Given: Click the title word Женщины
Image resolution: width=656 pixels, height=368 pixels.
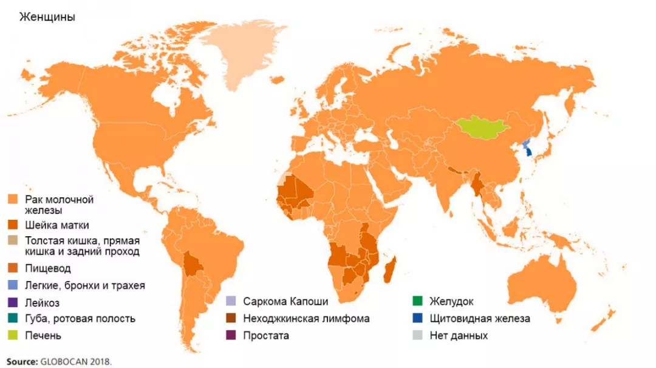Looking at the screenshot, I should (x=47, y=17).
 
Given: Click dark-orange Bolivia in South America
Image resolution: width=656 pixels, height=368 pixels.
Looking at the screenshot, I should (x=194, y=265).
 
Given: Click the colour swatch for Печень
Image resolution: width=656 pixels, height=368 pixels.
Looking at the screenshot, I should (x=12, y=335).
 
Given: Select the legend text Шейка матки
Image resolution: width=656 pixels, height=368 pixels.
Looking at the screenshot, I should (x=57, y=225).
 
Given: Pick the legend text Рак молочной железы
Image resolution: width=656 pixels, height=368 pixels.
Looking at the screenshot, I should (x=59, y=205).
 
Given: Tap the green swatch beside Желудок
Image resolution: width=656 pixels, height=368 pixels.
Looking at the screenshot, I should (x=417, y=301).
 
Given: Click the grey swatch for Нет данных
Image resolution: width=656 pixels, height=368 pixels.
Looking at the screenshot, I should (x=417, y=335).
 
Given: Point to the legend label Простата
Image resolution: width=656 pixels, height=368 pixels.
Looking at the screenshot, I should (x=265, y=335).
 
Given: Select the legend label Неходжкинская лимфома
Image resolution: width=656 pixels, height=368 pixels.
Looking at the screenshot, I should (x=306, y=318).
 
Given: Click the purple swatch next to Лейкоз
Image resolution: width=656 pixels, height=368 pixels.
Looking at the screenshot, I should (x=12, y=302).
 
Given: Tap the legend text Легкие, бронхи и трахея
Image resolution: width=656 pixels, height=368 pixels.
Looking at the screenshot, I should (x=85, y=285).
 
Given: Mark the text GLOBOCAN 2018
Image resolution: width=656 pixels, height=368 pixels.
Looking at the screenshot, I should (x=77, y=361).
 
